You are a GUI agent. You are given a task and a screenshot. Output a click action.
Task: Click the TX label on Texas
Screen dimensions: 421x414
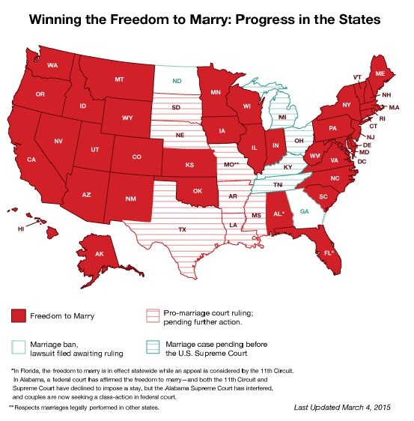pos(181,228)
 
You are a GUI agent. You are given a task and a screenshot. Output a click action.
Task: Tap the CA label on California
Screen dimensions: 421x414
pos(31,160)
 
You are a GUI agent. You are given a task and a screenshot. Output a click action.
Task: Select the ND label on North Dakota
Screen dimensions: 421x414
pos(177,80)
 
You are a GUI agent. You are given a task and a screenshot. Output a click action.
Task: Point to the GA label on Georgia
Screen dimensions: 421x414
pos(303,211)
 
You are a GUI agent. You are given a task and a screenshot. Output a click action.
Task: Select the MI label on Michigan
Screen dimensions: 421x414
pos(282,118)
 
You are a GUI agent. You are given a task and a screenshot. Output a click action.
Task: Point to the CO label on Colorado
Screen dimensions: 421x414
pos(136,157)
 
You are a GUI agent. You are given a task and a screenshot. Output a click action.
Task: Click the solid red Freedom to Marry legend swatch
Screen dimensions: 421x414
pos(19,315)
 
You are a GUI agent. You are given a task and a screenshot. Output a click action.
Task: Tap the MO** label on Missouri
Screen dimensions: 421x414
pos(231,163)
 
